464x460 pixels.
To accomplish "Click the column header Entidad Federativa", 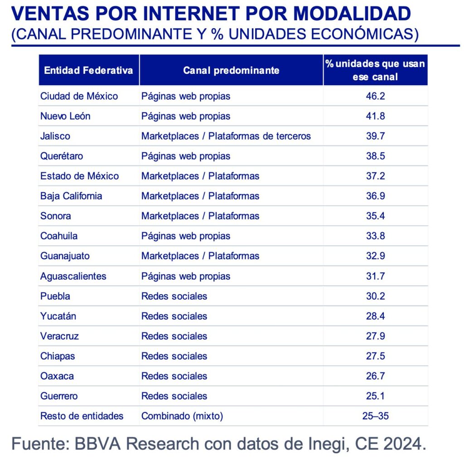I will pyautogui.click(x=88, y=70).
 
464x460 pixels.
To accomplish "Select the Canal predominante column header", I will pyautogui.click(x=231, y=70).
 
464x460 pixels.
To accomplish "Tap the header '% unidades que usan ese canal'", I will pyautogui.click(x=375, y=70).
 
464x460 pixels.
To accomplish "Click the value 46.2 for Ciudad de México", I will pyautogui.click(x=375, y=96).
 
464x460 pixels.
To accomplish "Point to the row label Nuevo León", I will pyautogui.click(x=65, y=116).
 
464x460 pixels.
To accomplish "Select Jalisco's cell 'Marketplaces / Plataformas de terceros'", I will pyautogui.click(x=226, y=136).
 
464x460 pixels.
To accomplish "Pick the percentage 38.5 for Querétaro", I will pyautogui.click(x=375, y=156).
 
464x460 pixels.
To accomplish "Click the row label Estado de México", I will pyautogui.click(x=79, y=176).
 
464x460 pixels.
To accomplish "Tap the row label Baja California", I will pyautogui.click(x=71, y=196).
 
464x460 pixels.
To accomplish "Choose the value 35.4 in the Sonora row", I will pyautogui.click(x=375, y=216).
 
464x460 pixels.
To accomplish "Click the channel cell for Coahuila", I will pyautogui.click(x=186, y=236).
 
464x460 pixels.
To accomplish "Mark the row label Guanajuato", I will pyautogui.click(x=65, y=256).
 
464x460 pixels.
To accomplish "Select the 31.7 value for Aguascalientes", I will pyautogui.click(x=375, y=276).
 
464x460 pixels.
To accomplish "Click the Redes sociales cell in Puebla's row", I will pyautogui.click(x=174, y=296).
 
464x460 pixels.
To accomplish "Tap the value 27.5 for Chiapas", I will pyautogui.click(x=375, y=356).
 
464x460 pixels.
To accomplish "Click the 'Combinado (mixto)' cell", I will pyautogui.click(x=182, y=416).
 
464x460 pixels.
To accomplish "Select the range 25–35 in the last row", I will pyautogui.click(x=375, y=416).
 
